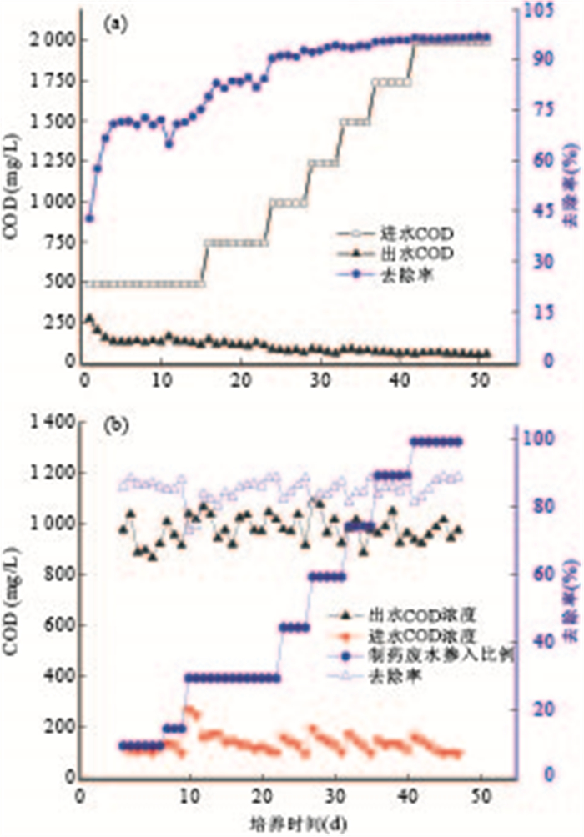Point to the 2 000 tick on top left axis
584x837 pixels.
point(53,40)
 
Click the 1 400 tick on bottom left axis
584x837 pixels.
point(51,423)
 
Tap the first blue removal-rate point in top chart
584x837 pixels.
point(89,218)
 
